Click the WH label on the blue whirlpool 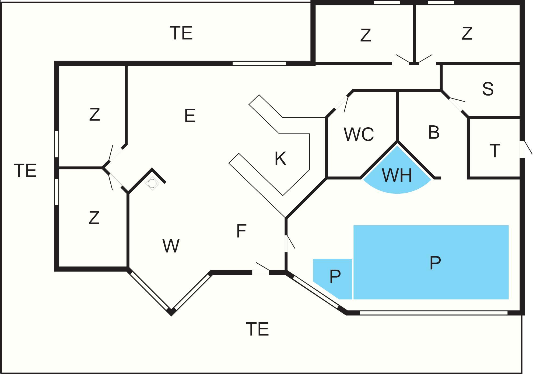tap(397, 175)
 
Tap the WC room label tap(359, 134)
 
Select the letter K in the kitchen tap(280, 158)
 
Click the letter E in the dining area tap(190, 116)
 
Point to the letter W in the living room tap(171, 246)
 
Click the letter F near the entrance tap(241, 231)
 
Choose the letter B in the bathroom tap(434, 132)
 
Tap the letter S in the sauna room tap(488, 89)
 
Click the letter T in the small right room tap(495, 151)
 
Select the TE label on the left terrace tap(25, 171)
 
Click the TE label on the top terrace tap(181, 33)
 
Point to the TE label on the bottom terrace tap(257, 329)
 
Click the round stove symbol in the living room tap(152, 184)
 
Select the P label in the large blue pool tap(435, 263)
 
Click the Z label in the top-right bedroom tap(467, 33)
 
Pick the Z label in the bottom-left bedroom tap(94, 218)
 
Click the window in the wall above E tap(259, 63)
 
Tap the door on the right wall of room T tap(522, 149)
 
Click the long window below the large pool tap(433, 313)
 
